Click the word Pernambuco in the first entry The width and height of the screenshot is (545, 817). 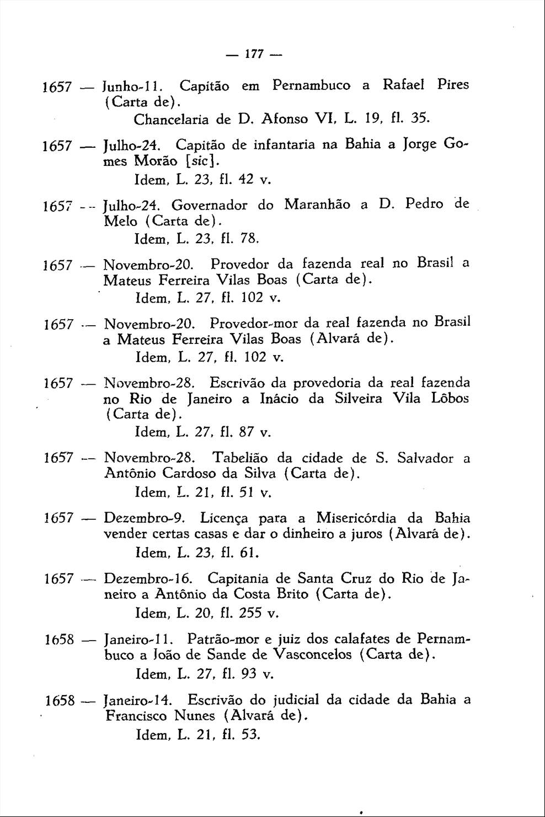coord(312,85)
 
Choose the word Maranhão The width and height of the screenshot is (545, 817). coord(317,205)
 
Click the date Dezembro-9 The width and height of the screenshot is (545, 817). coord(144,518)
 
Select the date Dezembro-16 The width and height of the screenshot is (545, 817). coord(148,579)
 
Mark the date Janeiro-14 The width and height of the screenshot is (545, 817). coord(138,700)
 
